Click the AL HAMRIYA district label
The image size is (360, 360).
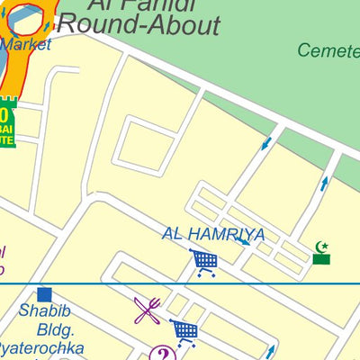(x=213, y=235)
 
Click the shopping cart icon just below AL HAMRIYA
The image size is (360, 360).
(x=204, y=263)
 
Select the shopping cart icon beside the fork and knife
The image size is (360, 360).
(x=184, y=332)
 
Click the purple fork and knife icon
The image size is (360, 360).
(x=148, y=310)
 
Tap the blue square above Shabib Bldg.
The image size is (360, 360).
(x=45, y=294)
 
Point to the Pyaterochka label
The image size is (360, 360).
(x=40, y=348)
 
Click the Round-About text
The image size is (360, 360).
(x=150, y=26)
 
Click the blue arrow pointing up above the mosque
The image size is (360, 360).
(x=325, y=184)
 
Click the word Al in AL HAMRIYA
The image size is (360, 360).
(x=173, y=235)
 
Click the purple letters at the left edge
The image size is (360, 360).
(x=3, y=261)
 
